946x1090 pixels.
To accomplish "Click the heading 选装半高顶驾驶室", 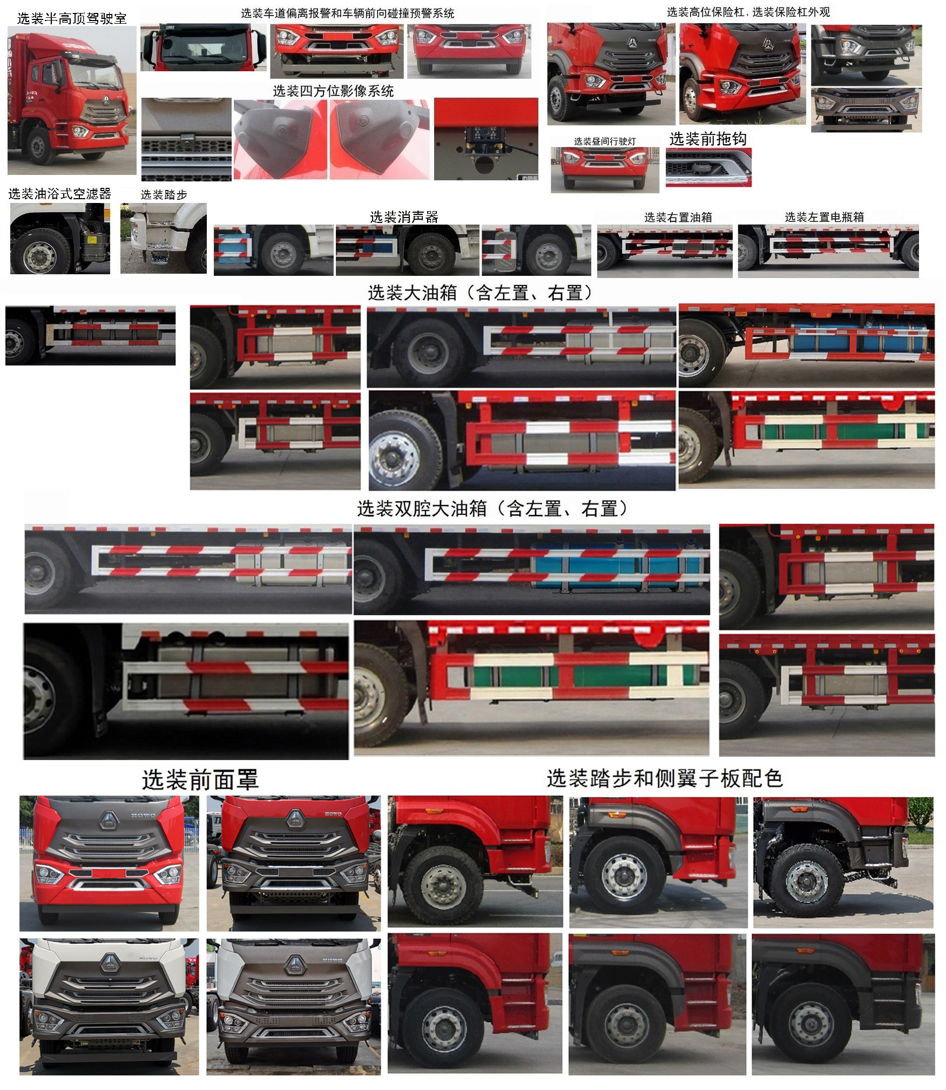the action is click(x=72, y=18).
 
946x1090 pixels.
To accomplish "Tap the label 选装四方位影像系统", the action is click(x=333, y=91).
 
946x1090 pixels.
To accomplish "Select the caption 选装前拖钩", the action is click(x=708, y=139).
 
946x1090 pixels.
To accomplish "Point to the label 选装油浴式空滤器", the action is click(x=60, y=193).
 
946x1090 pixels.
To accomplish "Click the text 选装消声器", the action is click(x=404, y=217).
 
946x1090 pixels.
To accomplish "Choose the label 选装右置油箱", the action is click(x=678, y=217).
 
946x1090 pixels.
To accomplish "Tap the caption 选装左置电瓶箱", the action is click(x=824, y=217).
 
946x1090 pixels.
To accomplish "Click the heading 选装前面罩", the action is click(x=200, y=780).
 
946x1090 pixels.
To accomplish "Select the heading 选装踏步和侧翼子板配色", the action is click(x=665, y=778).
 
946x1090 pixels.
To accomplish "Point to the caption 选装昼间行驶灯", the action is click(x=605, y=141).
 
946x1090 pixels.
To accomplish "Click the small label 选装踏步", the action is click(x=164, y=194).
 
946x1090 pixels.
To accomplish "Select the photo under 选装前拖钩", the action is click(x=708, y=167).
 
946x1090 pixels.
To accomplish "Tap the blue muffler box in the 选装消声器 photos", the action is click(x=232, y=248).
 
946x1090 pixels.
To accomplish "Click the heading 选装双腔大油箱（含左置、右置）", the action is click(x=492, y=508).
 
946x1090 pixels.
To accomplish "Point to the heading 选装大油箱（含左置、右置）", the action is click(x=481, y=293).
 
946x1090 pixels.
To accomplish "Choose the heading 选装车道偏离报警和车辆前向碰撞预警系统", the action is click(x=347, y=13).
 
